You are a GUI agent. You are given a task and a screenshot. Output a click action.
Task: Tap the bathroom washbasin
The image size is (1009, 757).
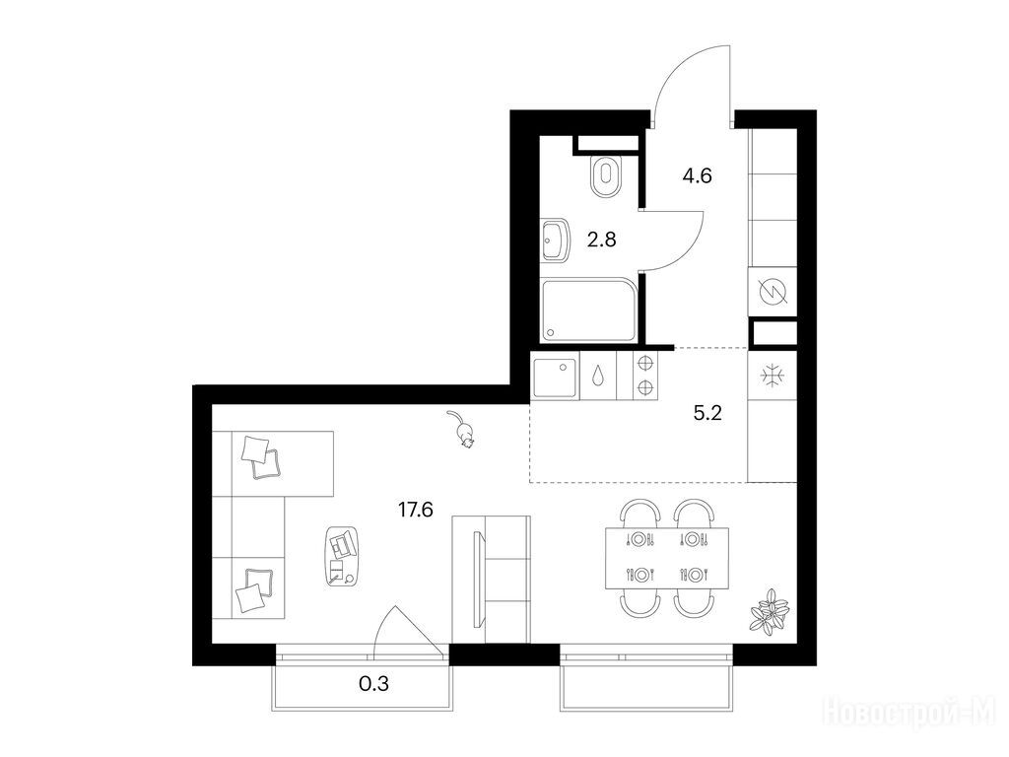click(556, 241)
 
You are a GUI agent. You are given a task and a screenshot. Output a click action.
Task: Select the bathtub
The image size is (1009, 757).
click(589, 310)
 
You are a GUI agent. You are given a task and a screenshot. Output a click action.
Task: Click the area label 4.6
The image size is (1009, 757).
click(697, 175)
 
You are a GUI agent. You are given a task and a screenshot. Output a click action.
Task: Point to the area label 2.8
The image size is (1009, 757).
click(602, 240)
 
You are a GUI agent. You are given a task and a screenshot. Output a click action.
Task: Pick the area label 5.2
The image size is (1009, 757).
click(707, 413)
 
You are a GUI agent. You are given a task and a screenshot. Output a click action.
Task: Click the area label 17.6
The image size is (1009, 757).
click(415, 511)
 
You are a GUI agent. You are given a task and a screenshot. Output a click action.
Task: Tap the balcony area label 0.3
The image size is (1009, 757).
click(373, 683)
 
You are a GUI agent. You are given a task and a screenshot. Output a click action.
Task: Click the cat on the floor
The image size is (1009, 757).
click(461, 429)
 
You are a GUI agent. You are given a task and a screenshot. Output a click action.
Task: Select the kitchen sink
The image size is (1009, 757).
click(556, 376)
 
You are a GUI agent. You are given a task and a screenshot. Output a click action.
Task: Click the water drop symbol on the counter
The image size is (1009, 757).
click(598, 376)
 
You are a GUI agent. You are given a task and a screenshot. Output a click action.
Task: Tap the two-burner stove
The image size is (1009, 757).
click(644, 376)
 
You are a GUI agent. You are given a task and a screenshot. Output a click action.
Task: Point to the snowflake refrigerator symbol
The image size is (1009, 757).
click(771, 376)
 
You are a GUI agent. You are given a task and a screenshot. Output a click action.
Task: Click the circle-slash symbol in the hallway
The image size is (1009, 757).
click(773, 292)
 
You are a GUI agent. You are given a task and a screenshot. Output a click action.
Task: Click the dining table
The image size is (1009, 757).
click(667, 559)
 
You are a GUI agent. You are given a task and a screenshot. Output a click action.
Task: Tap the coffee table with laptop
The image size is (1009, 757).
click(343, 556)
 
